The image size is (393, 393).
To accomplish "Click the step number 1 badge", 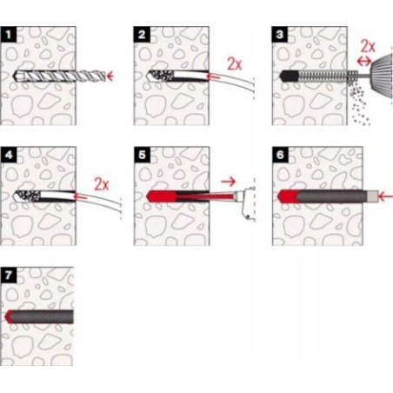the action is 9,35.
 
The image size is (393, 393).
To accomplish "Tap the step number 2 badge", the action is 142,35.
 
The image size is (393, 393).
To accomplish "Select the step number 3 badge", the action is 280,35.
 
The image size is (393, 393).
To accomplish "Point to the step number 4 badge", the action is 9,155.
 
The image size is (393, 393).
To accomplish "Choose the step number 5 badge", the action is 142,155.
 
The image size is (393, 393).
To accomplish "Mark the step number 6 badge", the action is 280,155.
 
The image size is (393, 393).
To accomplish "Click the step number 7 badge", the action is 9,275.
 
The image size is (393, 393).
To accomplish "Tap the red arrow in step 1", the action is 110,77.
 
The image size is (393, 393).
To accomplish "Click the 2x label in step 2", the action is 234,63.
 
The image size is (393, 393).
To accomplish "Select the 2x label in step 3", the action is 368,46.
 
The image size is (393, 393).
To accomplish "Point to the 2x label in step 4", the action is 102,184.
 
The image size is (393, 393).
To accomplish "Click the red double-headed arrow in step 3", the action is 364,61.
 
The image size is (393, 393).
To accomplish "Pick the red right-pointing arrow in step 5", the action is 229,182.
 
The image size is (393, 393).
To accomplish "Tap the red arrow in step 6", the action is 386,197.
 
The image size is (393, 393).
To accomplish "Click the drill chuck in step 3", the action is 382,74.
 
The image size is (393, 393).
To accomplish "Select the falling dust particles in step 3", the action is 359,103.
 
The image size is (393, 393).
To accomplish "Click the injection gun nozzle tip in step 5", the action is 237,196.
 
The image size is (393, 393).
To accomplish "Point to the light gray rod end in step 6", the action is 373,196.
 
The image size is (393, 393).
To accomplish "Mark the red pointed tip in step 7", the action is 9,316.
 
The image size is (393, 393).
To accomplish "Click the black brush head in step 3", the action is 289,77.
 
